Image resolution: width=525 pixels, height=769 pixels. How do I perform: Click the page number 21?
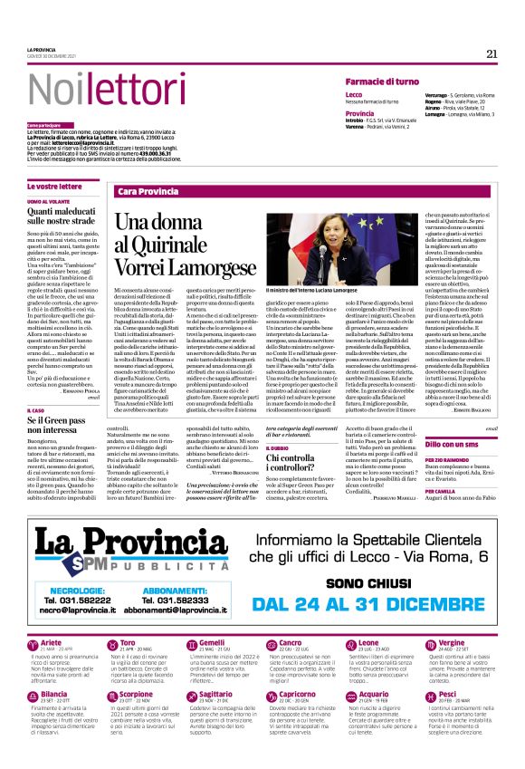point(492,53)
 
